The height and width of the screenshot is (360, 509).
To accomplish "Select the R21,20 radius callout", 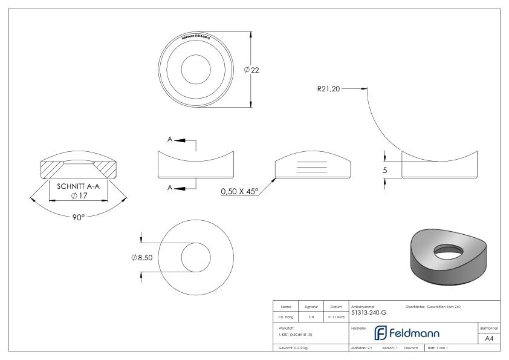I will point(329,88).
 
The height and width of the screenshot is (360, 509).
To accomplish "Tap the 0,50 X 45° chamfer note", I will point(239,191).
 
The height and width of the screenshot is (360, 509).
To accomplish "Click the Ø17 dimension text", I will point(81,195).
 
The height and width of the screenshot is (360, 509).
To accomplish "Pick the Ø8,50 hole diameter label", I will point(142,258).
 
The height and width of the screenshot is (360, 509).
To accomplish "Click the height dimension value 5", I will point(384,171).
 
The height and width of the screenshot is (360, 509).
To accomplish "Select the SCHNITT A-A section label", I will point(81,186).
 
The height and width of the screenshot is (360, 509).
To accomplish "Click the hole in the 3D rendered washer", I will point(448,250).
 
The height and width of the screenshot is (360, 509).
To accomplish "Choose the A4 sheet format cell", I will point(490,339).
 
